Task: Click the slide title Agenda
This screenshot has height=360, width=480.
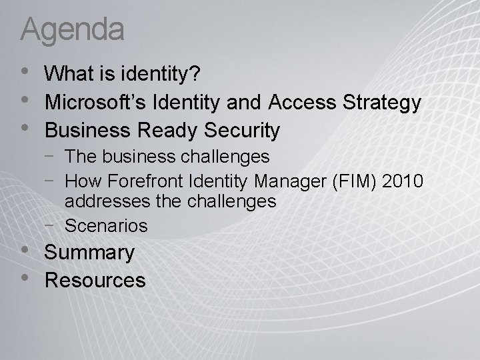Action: click(73, 29)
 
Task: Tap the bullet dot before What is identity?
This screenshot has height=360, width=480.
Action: click(25, 72)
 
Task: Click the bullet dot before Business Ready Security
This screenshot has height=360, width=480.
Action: click(25, 127)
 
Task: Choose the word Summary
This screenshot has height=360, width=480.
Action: click(89, 253)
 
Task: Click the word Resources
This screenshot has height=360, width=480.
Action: click(95, 280)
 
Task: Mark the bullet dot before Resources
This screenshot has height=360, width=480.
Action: click(25, 276)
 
